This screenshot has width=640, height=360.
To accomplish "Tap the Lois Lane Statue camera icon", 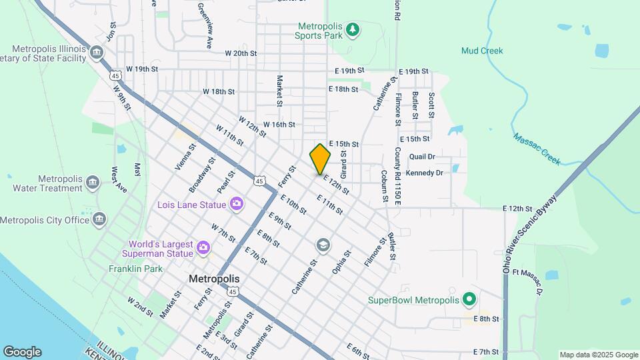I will click(236, 203).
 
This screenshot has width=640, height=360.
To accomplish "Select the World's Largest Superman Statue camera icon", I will click(203, 249).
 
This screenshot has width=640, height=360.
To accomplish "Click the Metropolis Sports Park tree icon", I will click(352, 29).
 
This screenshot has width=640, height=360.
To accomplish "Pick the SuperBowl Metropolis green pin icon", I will click(469, 299).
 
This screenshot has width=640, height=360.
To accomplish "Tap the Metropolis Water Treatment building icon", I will click(93, 181).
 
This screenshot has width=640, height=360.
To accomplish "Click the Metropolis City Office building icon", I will click(99, 219).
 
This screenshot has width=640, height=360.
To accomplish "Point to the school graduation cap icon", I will click(323, 246).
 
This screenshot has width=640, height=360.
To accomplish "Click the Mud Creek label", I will click(482, 51).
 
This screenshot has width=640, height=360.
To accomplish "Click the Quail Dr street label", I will click(422, 156).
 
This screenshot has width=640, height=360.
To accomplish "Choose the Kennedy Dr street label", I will click(424, 173).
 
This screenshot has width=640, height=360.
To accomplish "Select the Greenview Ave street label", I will click(205, 25).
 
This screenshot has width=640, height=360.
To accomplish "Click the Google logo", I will click(21, 352).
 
